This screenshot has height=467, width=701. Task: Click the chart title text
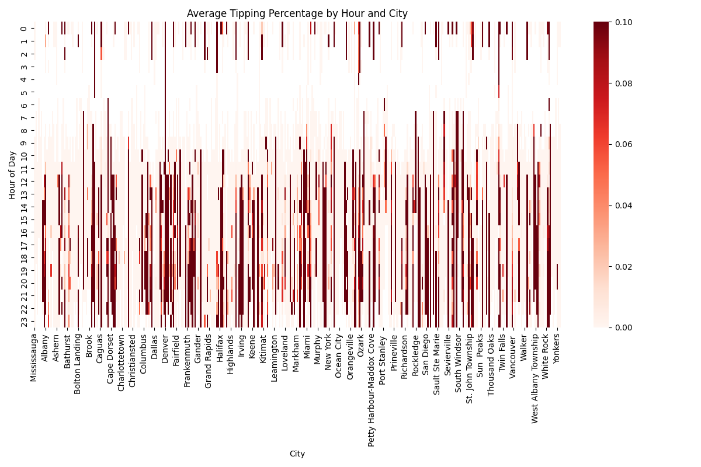click(x=297, y=13)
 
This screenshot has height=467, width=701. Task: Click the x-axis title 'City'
click(x=297, y=454)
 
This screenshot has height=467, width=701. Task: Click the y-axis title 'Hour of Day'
click(x=12, y=175)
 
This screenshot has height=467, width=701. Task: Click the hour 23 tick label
click(x=23, y=321)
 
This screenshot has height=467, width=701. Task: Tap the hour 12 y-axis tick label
click(x=23, y=181)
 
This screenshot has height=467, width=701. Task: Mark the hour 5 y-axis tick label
click(x=23, y=92)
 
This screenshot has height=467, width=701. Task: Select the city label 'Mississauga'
click(x=34, y=358)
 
